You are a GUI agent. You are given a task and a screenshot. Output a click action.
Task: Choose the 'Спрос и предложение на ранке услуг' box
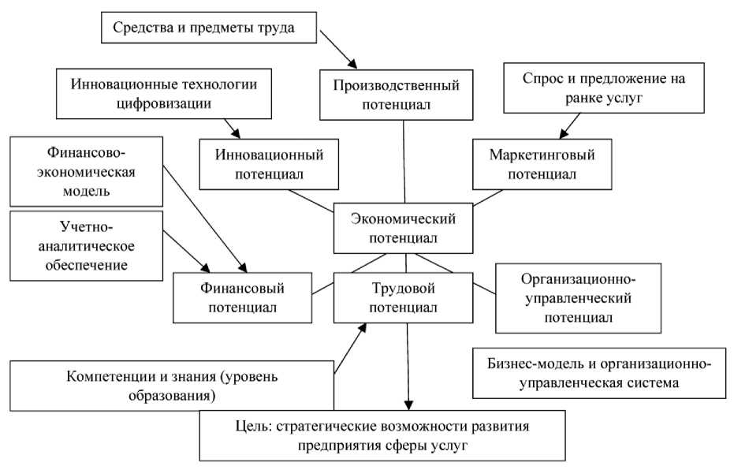(x=604, y=88)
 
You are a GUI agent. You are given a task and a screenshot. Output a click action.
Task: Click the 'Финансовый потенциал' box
(x=242, y=297)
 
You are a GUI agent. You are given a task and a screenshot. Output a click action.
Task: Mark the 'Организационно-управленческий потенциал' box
(x=578, y=297)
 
